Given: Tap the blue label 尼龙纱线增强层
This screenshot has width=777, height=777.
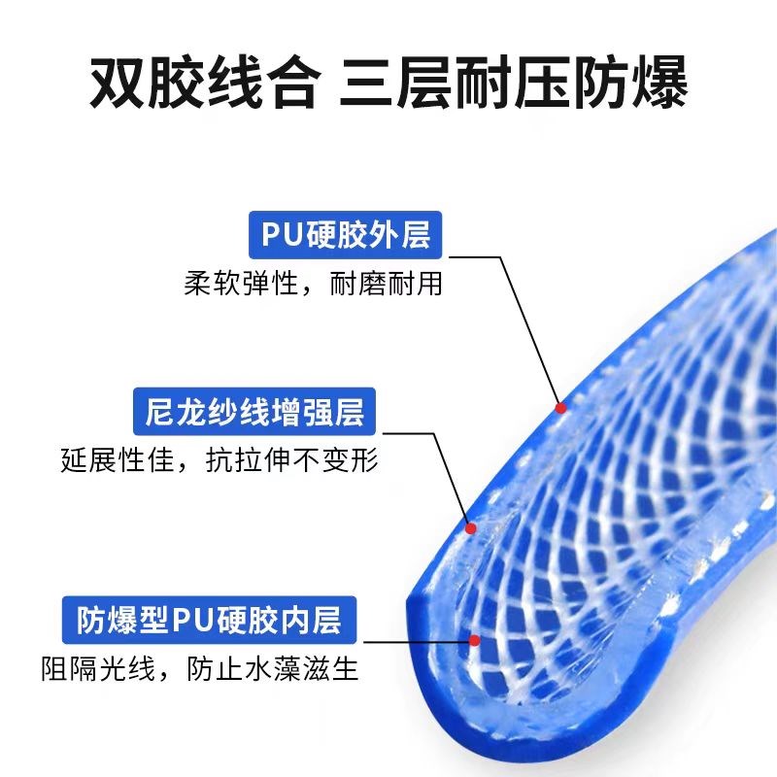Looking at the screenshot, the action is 255,412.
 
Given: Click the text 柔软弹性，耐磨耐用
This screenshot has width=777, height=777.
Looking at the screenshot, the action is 313,285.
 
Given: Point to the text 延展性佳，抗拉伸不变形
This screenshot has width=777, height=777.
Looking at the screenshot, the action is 219,461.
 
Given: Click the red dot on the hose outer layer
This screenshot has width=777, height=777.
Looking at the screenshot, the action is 559,408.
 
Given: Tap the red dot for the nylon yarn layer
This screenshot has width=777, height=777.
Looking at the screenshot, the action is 471,528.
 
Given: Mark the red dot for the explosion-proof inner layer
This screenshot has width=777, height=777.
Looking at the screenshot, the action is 475,640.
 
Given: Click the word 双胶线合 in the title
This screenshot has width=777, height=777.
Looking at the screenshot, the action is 203,84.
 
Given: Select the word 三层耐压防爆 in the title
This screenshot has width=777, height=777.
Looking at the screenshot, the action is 514,84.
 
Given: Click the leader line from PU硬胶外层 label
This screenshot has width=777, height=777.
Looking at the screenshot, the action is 524,321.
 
